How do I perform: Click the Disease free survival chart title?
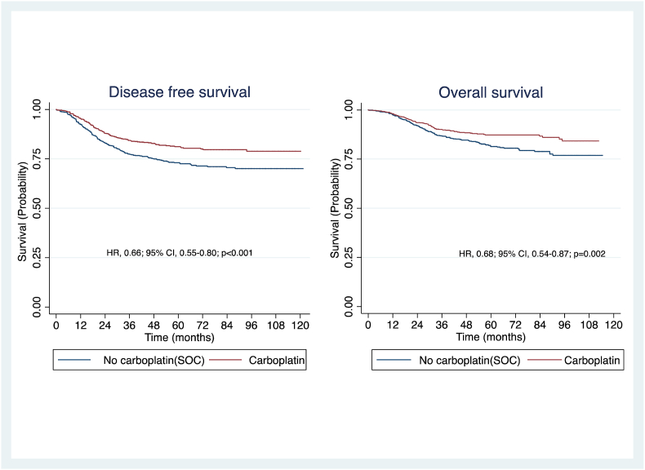180,93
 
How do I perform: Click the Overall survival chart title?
489,93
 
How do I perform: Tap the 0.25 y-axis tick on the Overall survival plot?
353,258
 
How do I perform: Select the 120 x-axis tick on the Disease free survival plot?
300,325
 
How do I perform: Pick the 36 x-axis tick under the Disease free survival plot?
129,325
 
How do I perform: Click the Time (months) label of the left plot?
178,337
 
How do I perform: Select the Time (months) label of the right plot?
490,337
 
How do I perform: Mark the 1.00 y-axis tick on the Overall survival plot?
353,109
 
